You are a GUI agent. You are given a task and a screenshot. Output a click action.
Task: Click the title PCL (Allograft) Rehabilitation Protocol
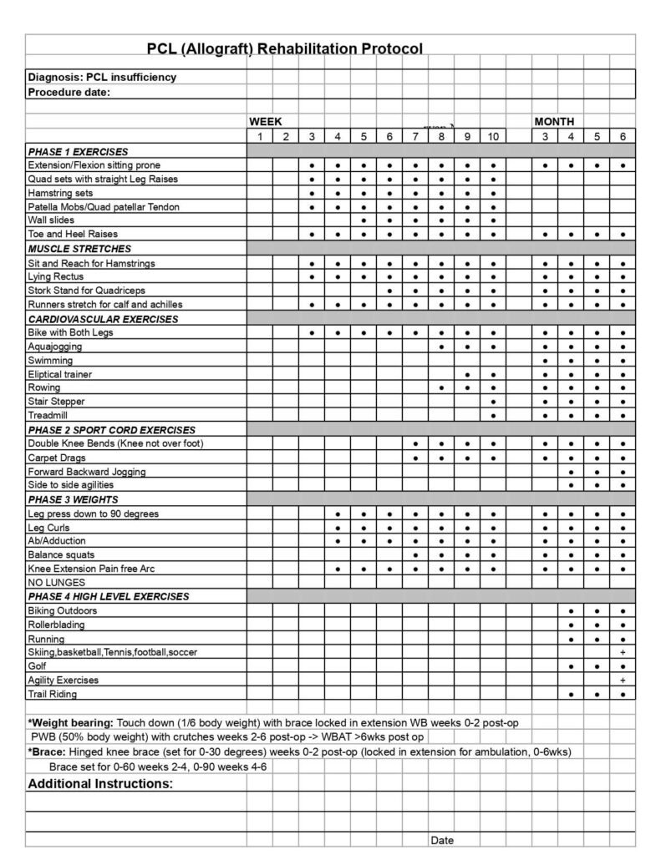285,48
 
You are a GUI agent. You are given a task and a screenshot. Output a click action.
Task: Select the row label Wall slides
51,220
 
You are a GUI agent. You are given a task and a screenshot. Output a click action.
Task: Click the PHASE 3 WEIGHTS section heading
74,499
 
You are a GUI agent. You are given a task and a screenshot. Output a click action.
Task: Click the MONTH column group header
553,122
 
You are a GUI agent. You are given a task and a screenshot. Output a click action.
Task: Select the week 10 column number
493,137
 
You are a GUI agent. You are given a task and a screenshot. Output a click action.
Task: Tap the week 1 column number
259,137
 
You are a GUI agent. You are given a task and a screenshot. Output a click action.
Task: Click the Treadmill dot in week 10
493,415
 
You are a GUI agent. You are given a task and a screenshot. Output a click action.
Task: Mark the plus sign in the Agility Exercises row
623,680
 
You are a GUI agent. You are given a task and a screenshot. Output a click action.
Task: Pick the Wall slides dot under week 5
364,220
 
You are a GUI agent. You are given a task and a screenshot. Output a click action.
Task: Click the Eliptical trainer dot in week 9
467,374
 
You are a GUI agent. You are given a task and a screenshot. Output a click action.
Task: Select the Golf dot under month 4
571,666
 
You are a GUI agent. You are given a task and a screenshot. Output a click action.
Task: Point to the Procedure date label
69,93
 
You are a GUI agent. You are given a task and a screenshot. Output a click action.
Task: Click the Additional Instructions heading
100,784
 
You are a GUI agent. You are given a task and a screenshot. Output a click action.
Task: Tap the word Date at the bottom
442,840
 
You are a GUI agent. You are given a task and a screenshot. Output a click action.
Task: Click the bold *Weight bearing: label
71,721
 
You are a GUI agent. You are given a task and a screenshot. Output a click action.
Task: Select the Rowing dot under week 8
441,387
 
